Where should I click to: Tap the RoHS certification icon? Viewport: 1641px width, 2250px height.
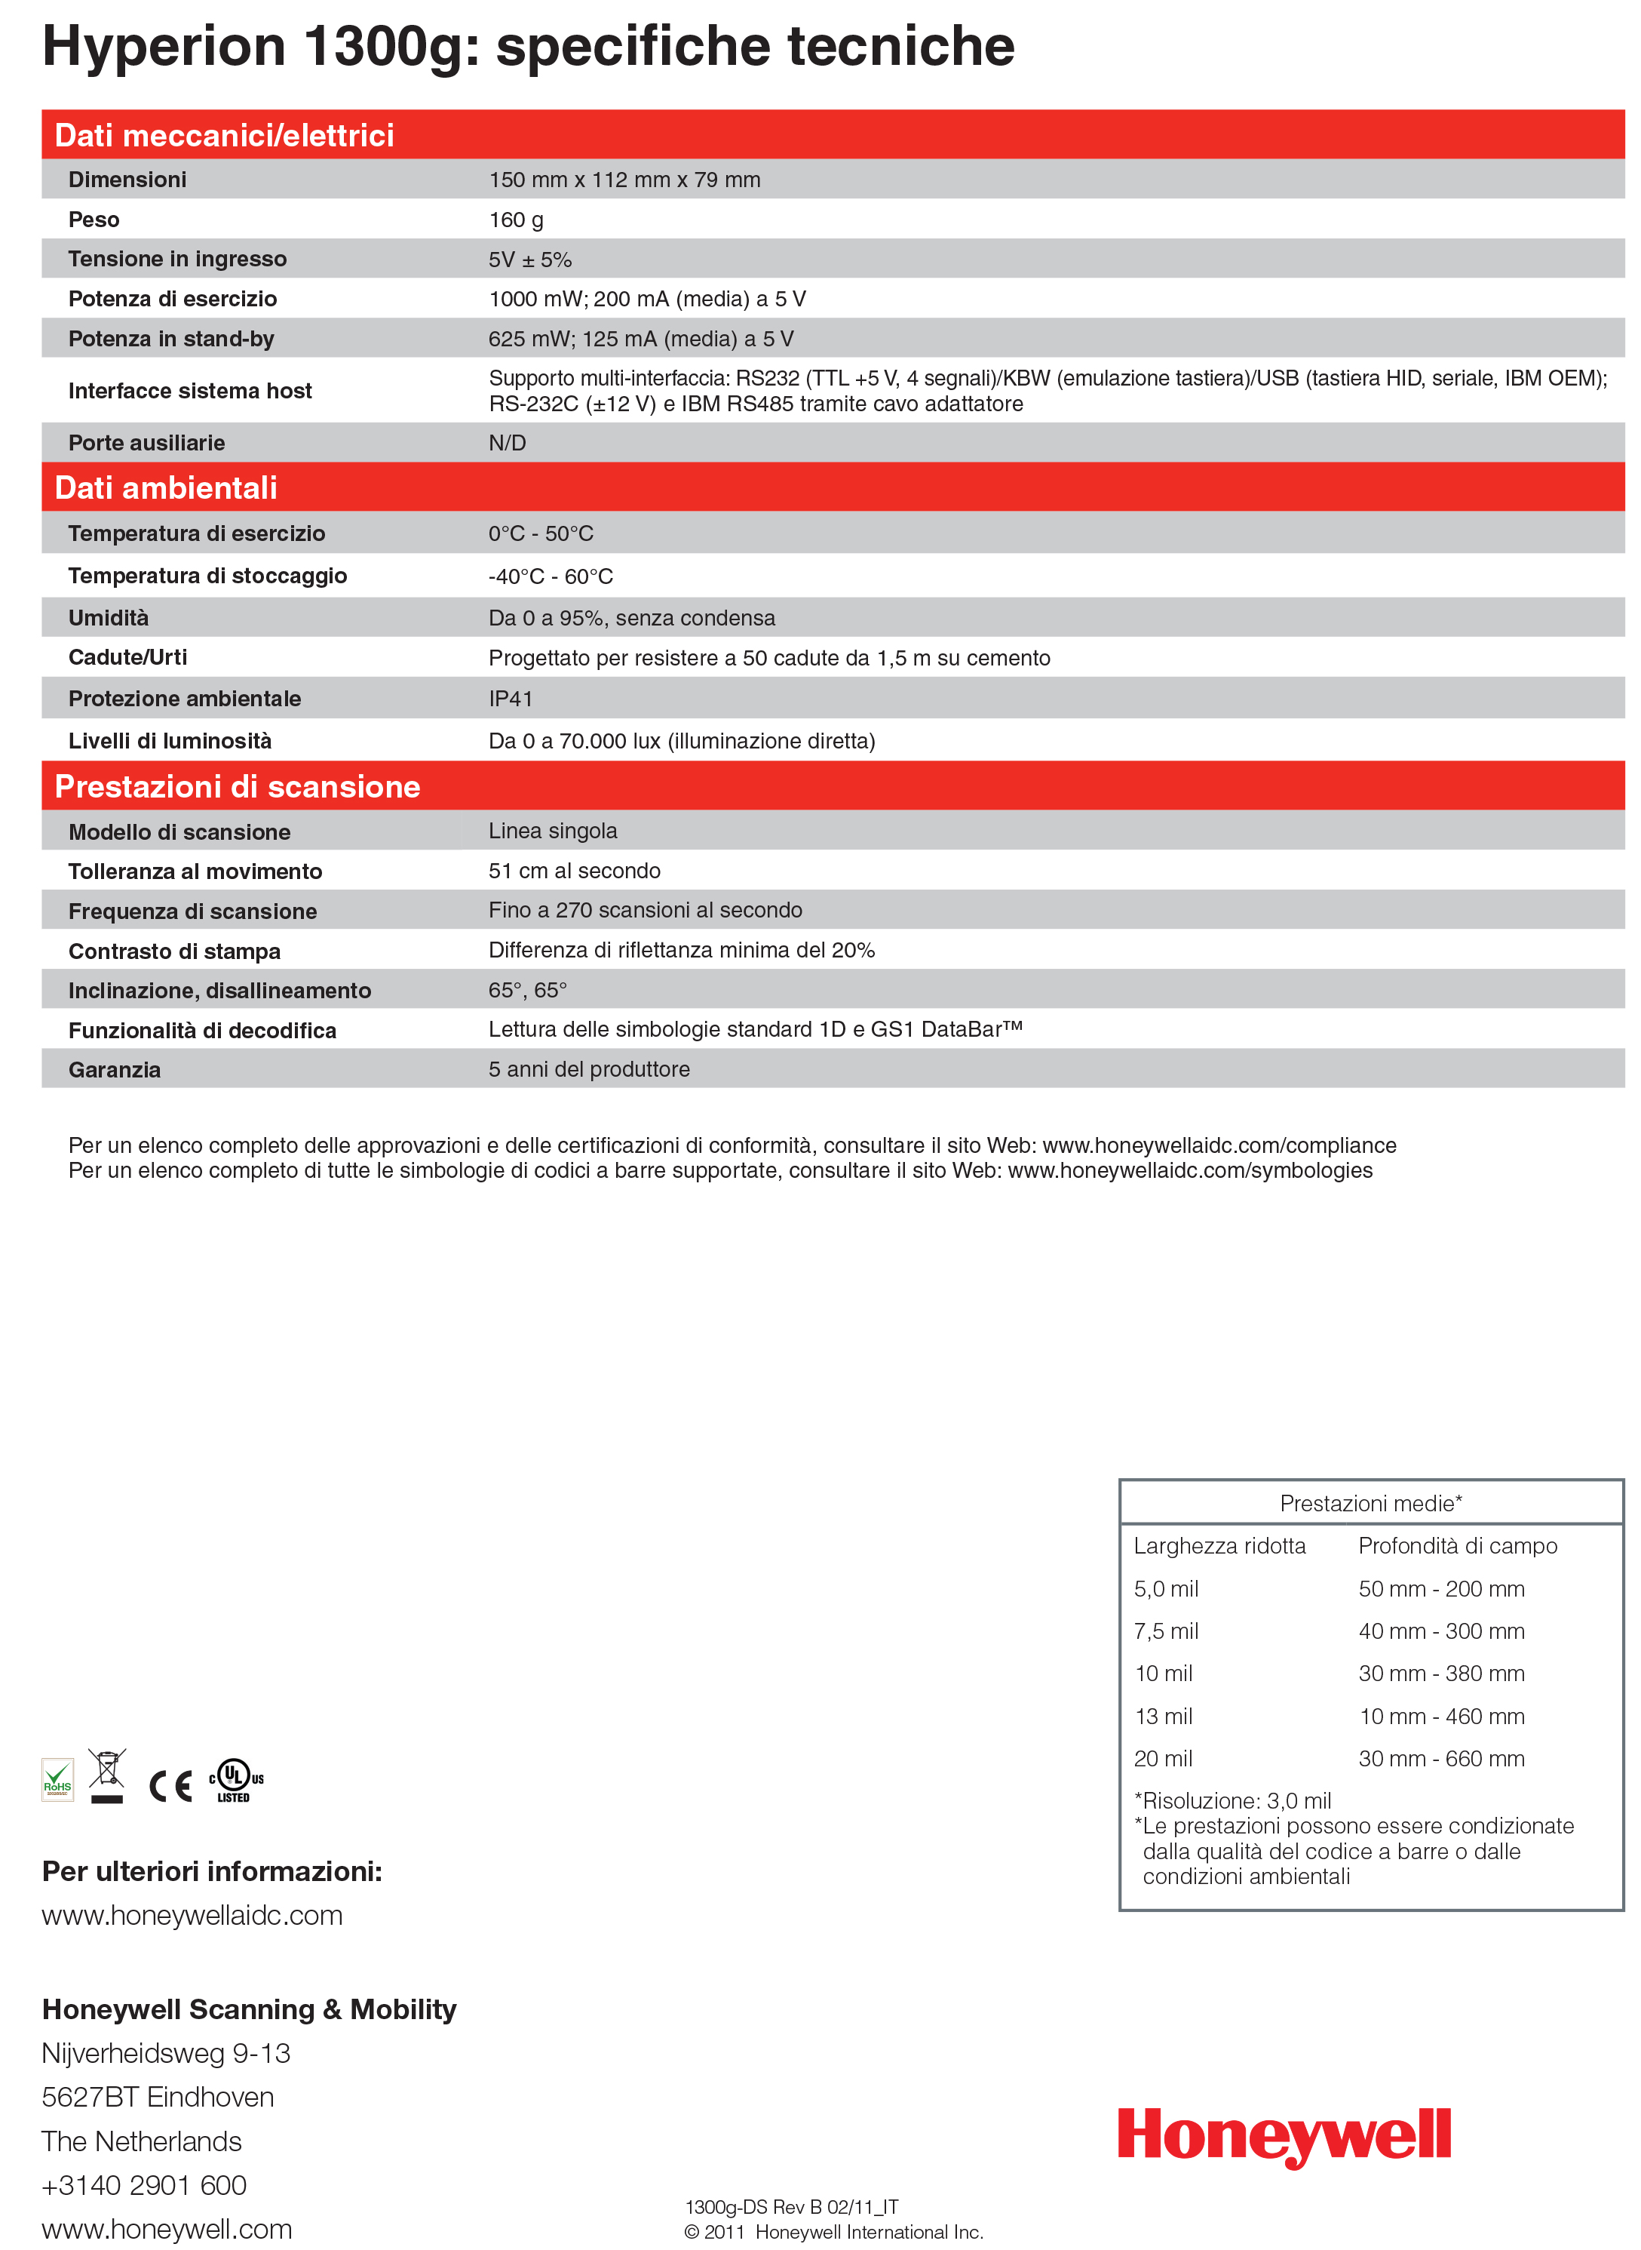(57, 1780)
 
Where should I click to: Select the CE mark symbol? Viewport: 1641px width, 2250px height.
(170, 1786)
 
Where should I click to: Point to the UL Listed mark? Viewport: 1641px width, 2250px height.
(235, 1780)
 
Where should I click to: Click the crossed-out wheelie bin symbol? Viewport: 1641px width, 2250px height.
(106, 1775)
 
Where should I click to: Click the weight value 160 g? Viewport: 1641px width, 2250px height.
(516, 220)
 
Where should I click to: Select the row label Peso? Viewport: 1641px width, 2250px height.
(94, 220)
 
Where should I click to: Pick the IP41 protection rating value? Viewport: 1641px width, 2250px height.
(511, 699)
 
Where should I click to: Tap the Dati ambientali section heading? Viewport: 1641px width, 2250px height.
(166, 488)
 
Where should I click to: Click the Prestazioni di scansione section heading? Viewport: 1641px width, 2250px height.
(238, 786)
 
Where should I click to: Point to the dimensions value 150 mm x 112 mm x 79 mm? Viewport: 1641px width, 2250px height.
(624, 180)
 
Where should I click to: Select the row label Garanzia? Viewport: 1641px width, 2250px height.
(114, 1069)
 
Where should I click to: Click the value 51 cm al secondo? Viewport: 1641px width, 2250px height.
(574, 871)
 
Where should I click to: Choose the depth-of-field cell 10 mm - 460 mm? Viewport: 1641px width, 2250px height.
(1441, 1717)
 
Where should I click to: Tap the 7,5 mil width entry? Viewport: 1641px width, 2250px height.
(1166, 1631)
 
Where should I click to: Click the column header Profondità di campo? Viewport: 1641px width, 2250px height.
(1457, 1545)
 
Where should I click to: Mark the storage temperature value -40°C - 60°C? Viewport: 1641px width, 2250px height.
(551, 576)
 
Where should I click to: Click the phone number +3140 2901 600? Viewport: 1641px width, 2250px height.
(144, 2184)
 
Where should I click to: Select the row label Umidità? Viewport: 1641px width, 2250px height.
(109, 618)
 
